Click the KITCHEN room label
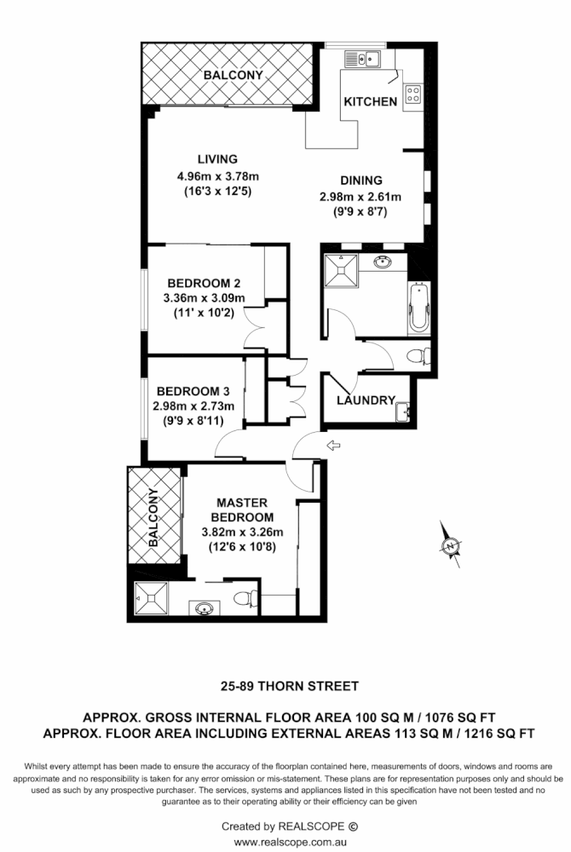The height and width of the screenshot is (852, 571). [x=370, y=102]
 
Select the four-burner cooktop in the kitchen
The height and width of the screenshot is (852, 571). [x=412, y=95]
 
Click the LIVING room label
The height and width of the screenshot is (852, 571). [x=216, y=159]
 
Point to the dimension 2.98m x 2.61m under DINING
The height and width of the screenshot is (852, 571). [x=360, y=197]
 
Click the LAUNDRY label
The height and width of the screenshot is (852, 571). [x=365, y=400]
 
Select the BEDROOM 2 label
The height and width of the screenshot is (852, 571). [x=203, y=284]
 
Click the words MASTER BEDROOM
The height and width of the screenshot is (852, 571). [x=245, y=509]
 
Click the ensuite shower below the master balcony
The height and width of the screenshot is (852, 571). [x=153, y=600]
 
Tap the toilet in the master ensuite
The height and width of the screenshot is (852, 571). [x=242, y=598]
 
